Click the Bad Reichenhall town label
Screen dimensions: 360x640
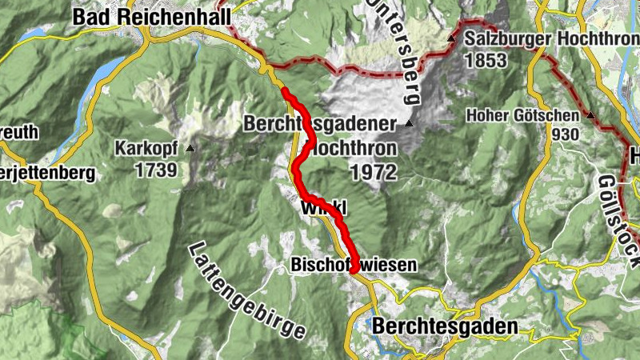point(150,16)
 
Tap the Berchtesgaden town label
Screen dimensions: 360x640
point(445,326)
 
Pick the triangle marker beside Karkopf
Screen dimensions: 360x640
point(190,148)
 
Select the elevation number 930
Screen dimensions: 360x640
point(564,134)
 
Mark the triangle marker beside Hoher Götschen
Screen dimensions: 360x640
point(591,116)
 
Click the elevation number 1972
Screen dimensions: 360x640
point(373,172)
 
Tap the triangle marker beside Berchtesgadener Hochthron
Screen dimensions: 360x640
point(410,123)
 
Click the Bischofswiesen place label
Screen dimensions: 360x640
point(354,264)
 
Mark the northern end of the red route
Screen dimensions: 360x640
point(285,90)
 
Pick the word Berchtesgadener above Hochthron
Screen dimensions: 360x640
point(321,125)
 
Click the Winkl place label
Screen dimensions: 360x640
point(323,208)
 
